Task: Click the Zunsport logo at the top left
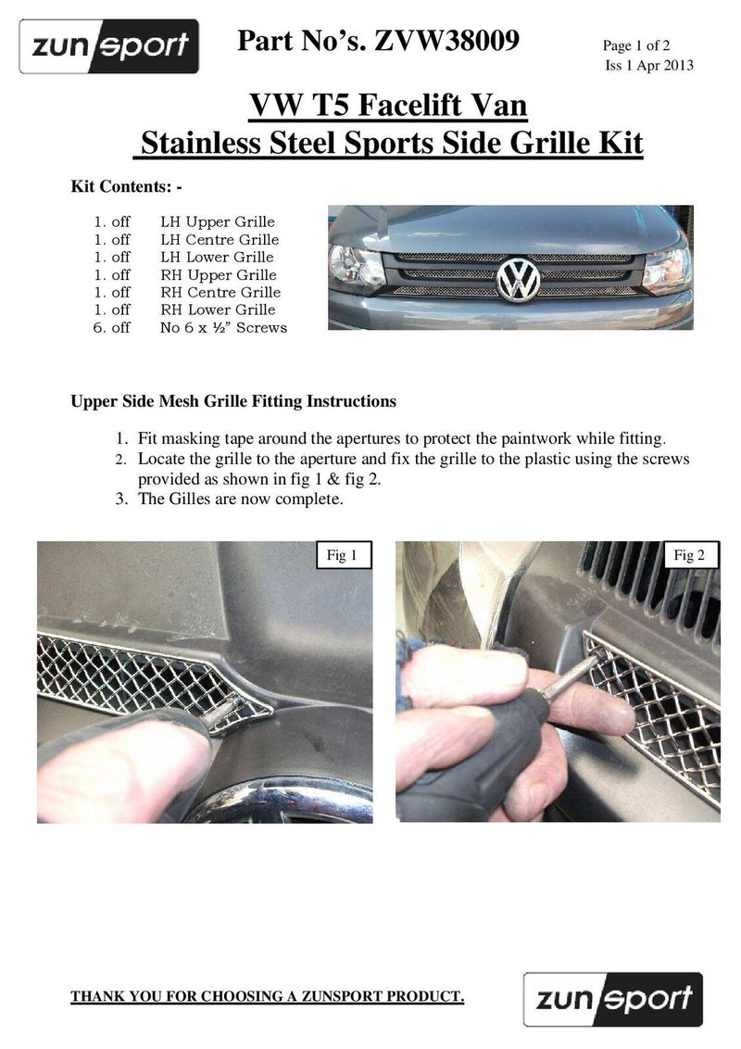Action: [109, 45]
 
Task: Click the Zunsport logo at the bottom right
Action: [613, 999]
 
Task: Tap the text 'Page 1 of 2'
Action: [644, 45]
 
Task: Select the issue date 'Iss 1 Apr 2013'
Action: [649, 65]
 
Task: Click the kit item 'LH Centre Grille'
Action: [219, 240]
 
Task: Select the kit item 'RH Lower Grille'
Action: [218, 310]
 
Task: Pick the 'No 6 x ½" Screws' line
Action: [223, 327]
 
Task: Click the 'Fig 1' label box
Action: [343, 555]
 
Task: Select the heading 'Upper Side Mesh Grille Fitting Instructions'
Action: [233, 401]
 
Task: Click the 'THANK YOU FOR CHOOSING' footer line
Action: [268, 997]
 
